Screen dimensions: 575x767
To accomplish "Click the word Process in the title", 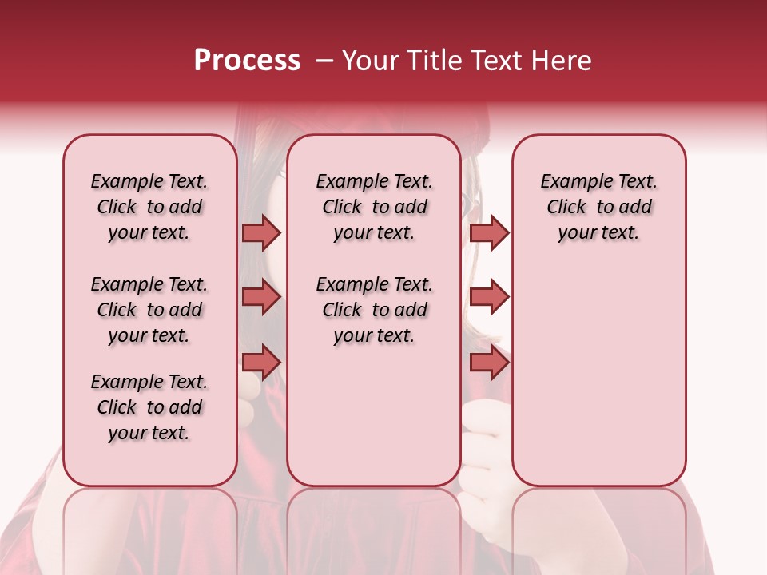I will tap(247, 61).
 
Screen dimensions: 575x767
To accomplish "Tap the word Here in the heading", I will tap(562, 61).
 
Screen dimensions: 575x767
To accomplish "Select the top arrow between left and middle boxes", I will tap(261, 232).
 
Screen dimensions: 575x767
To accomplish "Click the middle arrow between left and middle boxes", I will tap(261, 297).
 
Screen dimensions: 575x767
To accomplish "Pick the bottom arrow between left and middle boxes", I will tap(261, 363).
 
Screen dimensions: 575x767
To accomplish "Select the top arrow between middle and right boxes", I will tap(489, 232).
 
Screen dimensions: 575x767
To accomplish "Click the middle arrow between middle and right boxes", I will tap(489, 297).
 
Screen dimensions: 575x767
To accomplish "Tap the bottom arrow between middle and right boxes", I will tap(489, 363).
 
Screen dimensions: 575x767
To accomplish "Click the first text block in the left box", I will tap(149, 207).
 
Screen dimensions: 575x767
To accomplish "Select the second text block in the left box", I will tap(149, 310).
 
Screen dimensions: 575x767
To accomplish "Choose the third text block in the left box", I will tap(149, 407).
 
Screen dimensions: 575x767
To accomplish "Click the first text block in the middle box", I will tap(374, 207).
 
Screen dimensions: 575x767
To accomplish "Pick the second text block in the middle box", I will tap(374, 310).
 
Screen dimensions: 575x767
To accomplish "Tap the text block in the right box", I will tap(598, 207).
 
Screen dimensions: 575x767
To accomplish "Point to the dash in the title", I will tap(324, 61).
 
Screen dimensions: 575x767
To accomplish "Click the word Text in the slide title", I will tap(493, 61).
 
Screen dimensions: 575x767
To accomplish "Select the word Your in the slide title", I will tap(368, 61).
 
